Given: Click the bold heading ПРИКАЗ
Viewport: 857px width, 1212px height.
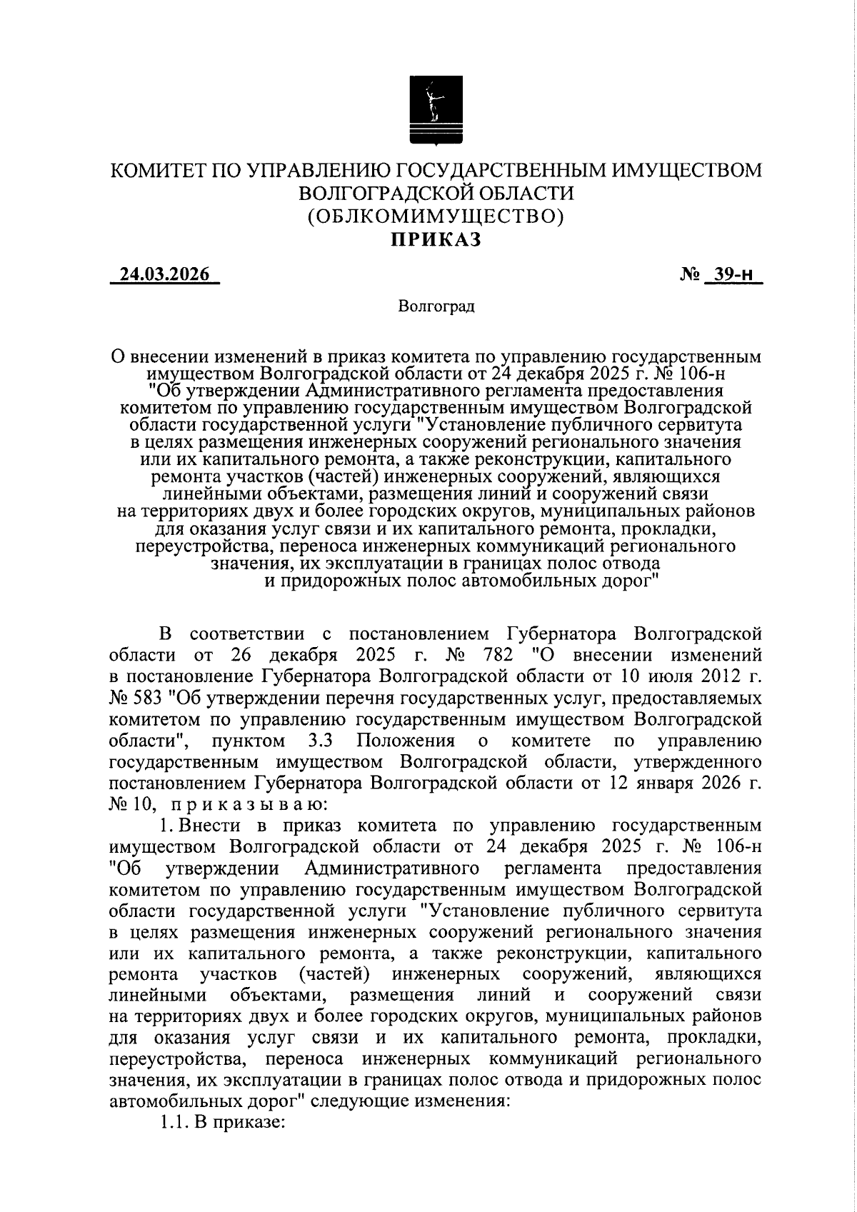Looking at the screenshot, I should tap(435, 239).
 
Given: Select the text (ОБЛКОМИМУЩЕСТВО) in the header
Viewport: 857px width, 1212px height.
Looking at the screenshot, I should tap(435, 216).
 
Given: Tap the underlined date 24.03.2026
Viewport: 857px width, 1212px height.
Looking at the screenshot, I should tap(164, 275).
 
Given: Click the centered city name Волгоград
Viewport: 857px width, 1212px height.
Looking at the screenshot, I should tap(435, 307).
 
